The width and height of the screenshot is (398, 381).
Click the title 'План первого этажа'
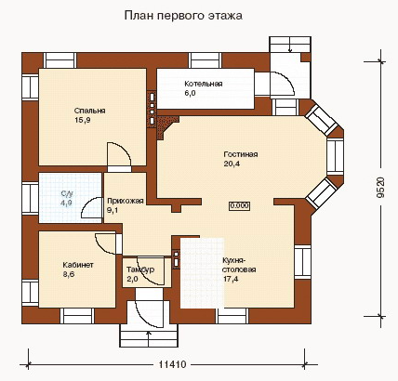(x=183, y=16)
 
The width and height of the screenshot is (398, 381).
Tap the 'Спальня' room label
(x=90, y=111)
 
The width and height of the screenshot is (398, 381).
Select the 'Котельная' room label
(x=204, y=84)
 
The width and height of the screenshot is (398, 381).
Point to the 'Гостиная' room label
(x=241, y=154)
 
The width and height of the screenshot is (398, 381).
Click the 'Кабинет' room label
(x=78, y=265)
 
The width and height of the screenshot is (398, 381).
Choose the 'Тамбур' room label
(x=140, y=269)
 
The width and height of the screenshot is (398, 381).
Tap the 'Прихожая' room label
(x=126, y=201)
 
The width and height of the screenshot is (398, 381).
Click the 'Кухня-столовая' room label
(x=240, y=265)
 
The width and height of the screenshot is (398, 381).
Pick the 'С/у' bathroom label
(x=67, y=194)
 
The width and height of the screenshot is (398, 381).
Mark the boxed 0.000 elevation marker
(x=240, y=205)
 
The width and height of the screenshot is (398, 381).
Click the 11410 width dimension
(x=173, y=364)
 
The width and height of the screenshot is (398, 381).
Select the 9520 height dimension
(x=381, y=187)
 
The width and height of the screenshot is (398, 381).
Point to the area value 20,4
(x=232, y=164)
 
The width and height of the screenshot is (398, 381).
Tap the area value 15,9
(x=83, y=120)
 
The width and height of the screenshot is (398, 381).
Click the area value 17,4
(x=232, y=279)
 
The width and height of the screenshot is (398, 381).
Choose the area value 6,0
(x=191, y=93)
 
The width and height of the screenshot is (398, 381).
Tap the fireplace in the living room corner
(x=166, y=126)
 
